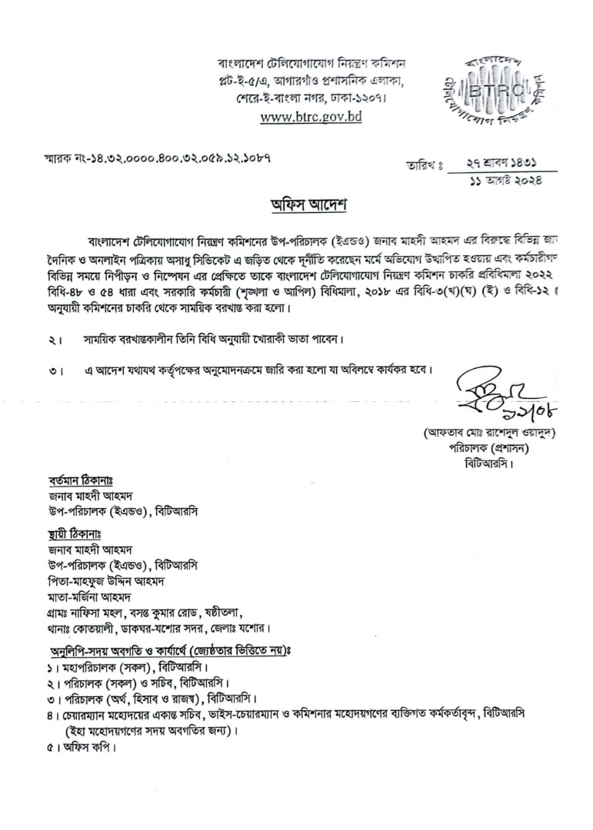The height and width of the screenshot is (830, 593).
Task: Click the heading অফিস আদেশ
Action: click(x=297, y=206)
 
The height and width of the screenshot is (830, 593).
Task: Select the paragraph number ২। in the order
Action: click(x=52, y=340)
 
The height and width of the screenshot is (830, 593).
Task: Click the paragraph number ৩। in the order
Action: click(x=52, y=370)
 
